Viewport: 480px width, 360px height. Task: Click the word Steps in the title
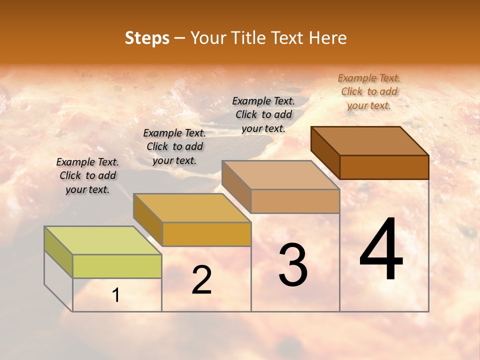pos(147,38)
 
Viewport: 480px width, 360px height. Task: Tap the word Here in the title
pos(327,38)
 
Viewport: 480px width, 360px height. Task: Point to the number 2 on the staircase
pos(201,279)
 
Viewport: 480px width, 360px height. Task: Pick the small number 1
pos(116,295)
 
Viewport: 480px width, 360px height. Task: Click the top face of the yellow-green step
pos(102,240)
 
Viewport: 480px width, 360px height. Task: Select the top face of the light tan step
pos(281,175)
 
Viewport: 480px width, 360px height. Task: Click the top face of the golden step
pos(192,208)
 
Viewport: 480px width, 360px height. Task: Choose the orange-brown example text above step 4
pos(369,91)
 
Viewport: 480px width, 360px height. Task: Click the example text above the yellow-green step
pos(87,175)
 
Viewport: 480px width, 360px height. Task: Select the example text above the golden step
pos(174,146)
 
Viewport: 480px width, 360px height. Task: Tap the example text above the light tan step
pos(263,114)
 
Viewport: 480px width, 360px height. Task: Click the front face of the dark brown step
pos(384,167)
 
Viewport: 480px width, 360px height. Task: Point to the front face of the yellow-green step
pos(117,266)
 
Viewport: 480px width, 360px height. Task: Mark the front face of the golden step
pos(206,234)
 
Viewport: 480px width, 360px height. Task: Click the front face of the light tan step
pos(295,201)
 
